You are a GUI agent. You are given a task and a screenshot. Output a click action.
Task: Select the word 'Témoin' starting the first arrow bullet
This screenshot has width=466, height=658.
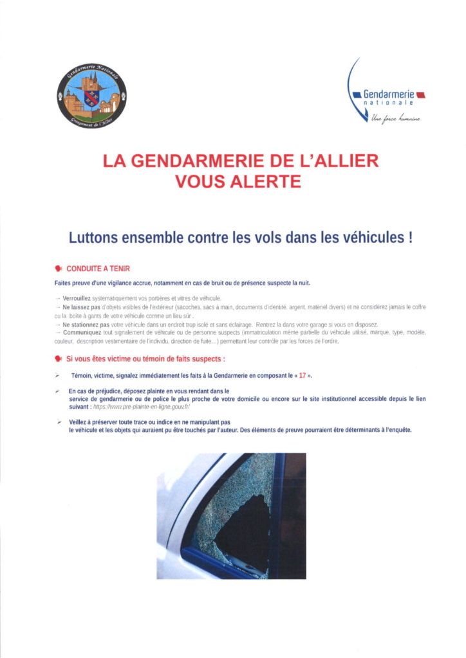(x=82, y=374)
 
